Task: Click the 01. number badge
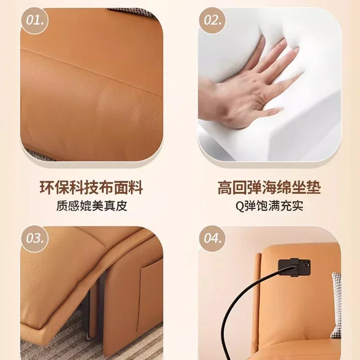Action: point(35,20)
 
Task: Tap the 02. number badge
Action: point(212,20)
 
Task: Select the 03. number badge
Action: point(35,239)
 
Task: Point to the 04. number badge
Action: point(212,239)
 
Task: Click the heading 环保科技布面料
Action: point(91,188)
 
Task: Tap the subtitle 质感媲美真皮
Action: point(92,206)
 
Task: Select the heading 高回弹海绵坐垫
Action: point(269,188)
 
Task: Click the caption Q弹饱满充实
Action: point(269,206)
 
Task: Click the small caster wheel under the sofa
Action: point(88,336)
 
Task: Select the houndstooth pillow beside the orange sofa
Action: point(336,306)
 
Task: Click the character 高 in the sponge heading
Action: point(225,188)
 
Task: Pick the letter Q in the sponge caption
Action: point(240,206)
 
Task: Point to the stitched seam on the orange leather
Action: point(92,71)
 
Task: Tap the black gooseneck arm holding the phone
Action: point(248,306)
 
